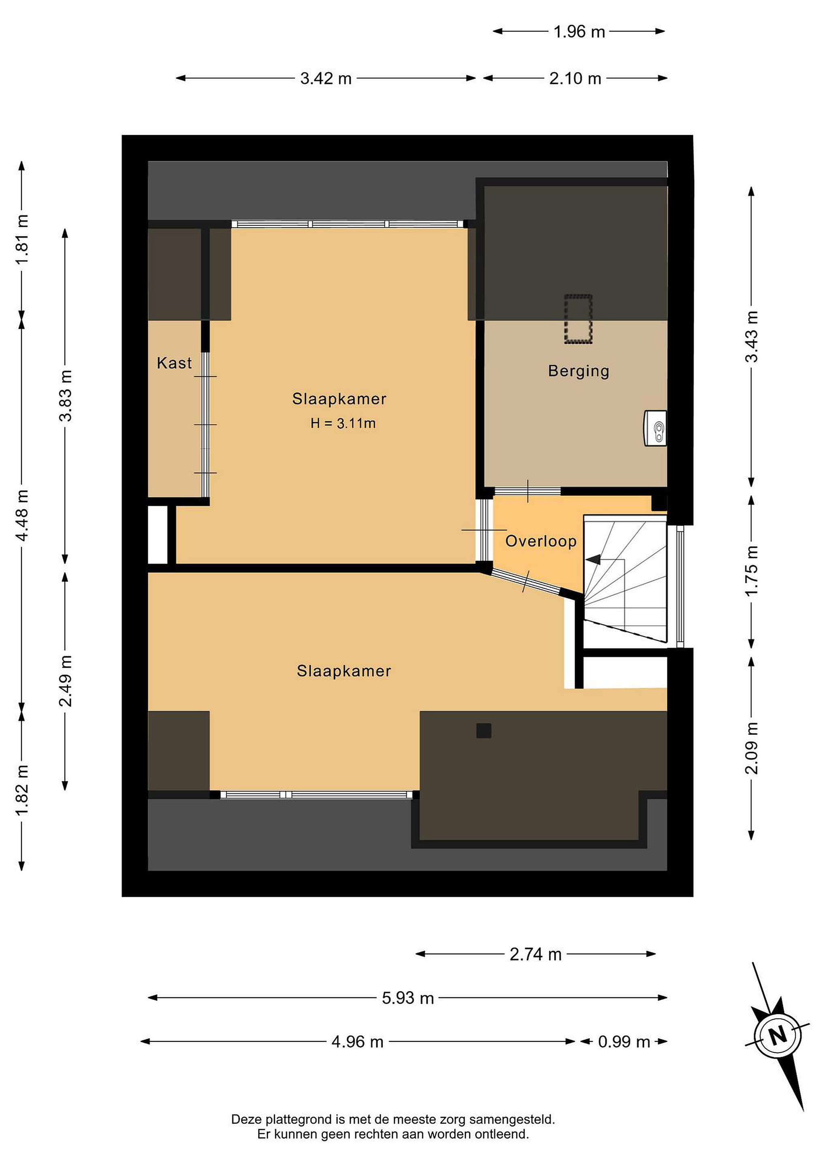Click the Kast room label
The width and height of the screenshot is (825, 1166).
click(174, 363)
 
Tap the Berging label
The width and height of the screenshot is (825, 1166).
click(579, 371)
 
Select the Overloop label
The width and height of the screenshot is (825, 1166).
click(541, 541)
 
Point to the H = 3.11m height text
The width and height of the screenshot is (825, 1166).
click(343, 423)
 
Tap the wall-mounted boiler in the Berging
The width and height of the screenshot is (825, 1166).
click(655, 428)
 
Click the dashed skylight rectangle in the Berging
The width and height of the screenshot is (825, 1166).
click(578, 319)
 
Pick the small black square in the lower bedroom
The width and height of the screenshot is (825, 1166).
click(484, 730)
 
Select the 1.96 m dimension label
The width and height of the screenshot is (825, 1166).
click(579, 32)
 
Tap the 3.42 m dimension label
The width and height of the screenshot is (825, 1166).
click(326, 78)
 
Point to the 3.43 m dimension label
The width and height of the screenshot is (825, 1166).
click(751, 337)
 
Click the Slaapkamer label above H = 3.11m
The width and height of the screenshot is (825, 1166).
click(339, 399)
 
